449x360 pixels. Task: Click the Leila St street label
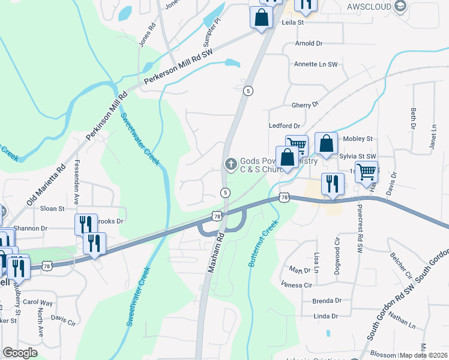pyautogui.click(x=294, y=23)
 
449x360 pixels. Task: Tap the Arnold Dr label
pyautogui.click(x=309, y=44)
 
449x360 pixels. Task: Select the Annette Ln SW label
pyautogui.click(x=316, y=64)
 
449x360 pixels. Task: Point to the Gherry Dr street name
pyautogui.click(x=305, y=106)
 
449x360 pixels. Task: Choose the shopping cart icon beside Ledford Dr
pyautogui.click(x=297, y=145)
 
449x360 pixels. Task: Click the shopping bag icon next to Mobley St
pyautogui.click(x=326, y=144)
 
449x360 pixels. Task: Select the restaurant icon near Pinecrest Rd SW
pyautogui.click(x=332, y=183)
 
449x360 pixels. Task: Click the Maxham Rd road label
pyautogui.click(x=215, y=254)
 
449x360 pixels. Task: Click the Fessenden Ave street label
pyautogui.click(x=77, y=180)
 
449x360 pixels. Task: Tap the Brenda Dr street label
pyautogui.click(x=327, y=301)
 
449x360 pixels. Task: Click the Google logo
pyautogui.click(x=20, y=353)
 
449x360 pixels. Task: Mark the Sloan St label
pyautogui.click(x=53, y=209)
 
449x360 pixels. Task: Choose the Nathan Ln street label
pyautogui.click(x=402, y=321)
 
